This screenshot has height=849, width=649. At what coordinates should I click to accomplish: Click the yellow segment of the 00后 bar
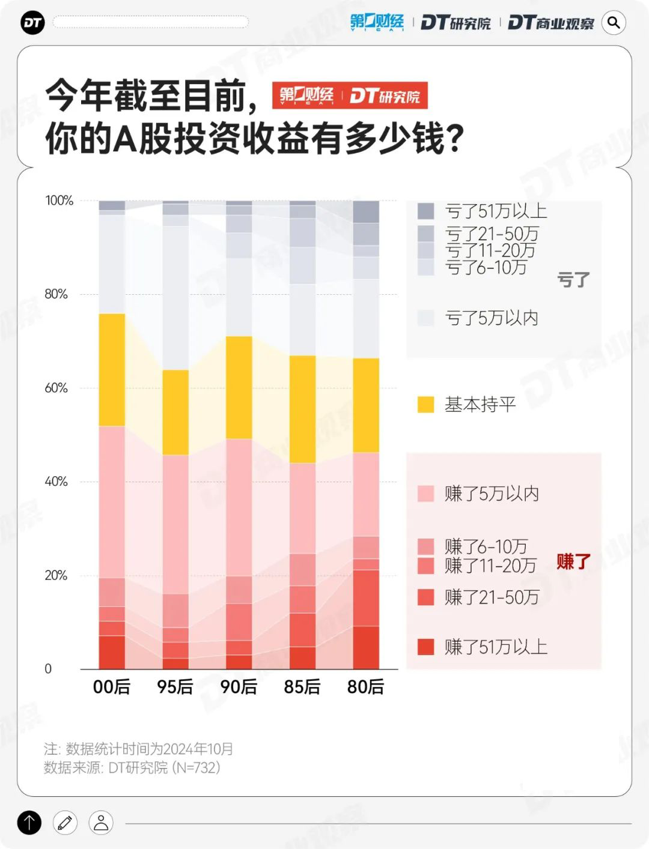tap(112, 369)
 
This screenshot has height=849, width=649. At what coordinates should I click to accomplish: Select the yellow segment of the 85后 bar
tap(302, 409)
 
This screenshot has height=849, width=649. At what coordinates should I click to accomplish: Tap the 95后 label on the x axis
tap(175, 686)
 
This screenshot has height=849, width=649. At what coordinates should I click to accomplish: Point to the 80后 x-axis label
tap(365, 686)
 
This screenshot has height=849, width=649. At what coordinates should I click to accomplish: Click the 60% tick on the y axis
tap(56, 388)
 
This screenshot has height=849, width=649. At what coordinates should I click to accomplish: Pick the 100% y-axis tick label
tap(59, 201)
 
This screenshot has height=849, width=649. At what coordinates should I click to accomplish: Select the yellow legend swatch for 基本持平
tap(425, 405)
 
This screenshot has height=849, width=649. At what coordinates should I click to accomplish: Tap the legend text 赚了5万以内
tap(492, 494)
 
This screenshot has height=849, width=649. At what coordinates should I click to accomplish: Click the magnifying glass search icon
tap(614, 23)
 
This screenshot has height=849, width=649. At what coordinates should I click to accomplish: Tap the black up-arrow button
tap(29, 823)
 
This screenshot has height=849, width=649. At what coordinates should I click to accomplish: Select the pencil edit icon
tap(65, 823)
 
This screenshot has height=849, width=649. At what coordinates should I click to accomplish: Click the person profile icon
tap(101, 823)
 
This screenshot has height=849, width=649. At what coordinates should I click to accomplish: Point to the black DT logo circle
tap(32, 23)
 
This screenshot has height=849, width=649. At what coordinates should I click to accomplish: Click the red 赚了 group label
tap(573, 561)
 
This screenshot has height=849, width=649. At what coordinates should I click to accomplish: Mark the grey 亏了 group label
tap(573, 279)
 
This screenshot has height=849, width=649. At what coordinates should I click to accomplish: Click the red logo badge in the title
tap(350, 95)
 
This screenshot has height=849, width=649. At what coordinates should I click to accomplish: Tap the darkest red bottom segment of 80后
tap(366, 647)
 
